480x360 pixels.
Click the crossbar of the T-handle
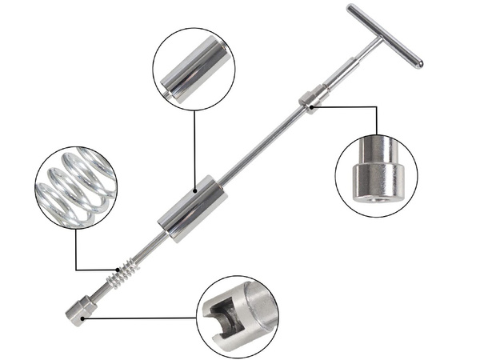384,35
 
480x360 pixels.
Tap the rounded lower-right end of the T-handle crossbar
418,62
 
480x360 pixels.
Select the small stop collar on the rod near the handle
310,101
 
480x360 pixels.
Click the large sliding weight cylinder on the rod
192,209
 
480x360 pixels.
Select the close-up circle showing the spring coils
76,187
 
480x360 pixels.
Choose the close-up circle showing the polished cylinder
194,70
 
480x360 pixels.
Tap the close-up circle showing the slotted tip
238,317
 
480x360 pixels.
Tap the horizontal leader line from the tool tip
144,318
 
